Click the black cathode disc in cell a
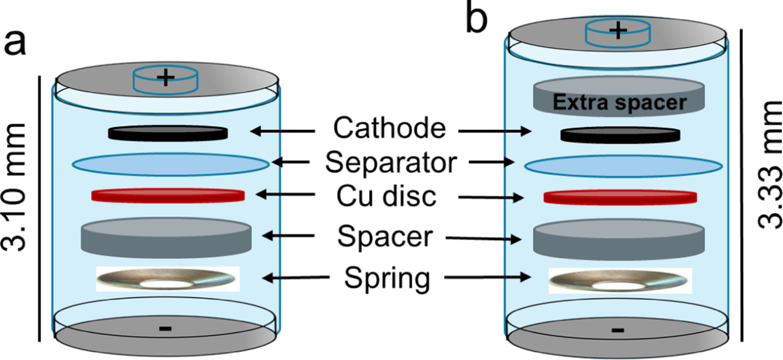[x=168, y=133]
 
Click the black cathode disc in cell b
[x=620, y=134]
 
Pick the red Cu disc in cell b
[x=620, y=197]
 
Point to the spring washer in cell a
[x=168, y=279]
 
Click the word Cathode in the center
[x=389, y=128]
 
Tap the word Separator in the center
[x=390, y=162]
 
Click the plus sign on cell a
[x=166, y=76]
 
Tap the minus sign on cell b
[x=618, y=330]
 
